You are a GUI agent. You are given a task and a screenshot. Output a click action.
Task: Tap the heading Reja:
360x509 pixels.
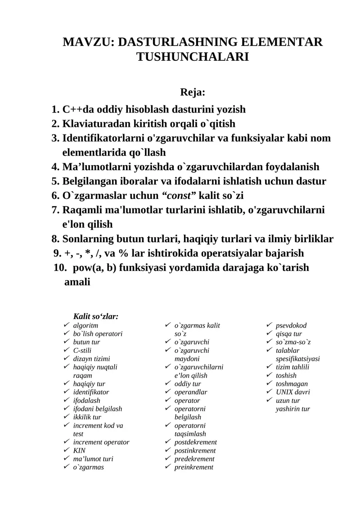pyautogui.click(x=193, y=93)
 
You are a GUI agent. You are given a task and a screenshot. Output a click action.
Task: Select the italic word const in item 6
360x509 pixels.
pyautogui.click(x=179, y=196)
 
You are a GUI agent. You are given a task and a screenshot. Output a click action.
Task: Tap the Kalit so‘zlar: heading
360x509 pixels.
pyautogui.click(x=95, y=316)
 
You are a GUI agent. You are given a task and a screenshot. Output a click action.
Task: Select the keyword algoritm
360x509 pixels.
pyautogui.click(x=85, y=325)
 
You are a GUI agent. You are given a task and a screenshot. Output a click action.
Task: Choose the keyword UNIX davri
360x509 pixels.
pyautogui.click(x=292, y=392)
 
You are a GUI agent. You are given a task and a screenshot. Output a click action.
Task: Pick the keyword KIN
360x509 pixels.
pyautogui.click(x=79, y=450)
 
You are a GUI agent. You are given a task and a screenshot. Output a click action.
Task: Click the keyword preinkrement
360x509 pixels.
pyautogui.click(x=193, y=467)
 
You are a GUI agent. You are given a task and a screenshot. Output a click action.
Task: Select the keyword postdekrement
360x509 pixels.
pyautogui.click(x=195, y=442)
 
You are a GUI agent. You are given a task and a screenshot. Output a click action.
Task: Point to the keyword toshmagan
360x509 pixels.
pyautogui.click(x=292, y=384)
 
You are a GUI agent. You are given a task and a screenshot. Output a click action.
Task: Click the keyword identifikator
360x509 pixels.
pyautogui.click(x=91, y=392)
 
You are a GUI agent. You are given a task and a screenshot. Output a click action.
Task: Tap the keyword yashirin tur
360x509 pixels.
pyautogui.click(x=292, y=409)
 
